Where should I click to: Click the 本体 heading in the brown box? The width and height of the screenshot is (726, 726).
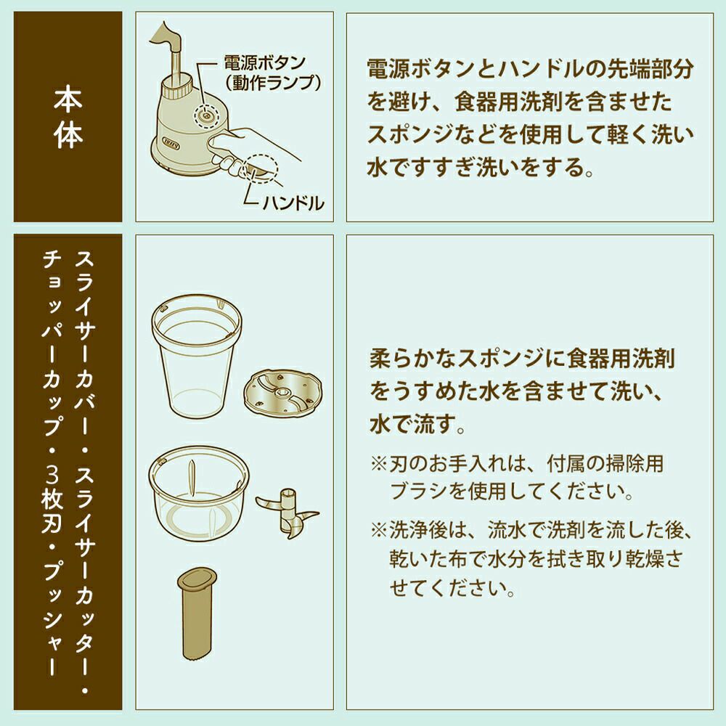[x=68, y=118]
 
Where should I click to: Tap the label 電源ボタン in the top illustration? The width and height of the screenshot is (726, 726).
[x=265, y=63]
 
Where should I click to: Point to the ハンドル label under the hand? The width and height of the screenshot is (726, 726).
[x=293, y=203]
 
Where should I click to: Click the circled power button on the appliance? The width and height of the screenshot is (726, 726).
[x=206, y=113]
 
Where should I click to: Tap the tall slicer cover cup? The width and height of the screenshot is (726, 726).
[x=197, y=354]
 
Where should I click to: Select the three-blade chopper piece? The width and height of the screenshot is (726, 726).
[x=287, y=512]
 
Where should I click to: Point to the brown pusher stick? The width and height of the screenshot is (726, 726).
[x=197, y=613]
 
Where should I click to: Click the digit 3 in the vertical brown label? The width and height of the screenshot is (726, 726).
[x=52, y=475]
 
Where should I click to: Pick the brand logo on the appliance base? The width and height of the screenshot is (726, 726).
[x=169, y=140]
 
